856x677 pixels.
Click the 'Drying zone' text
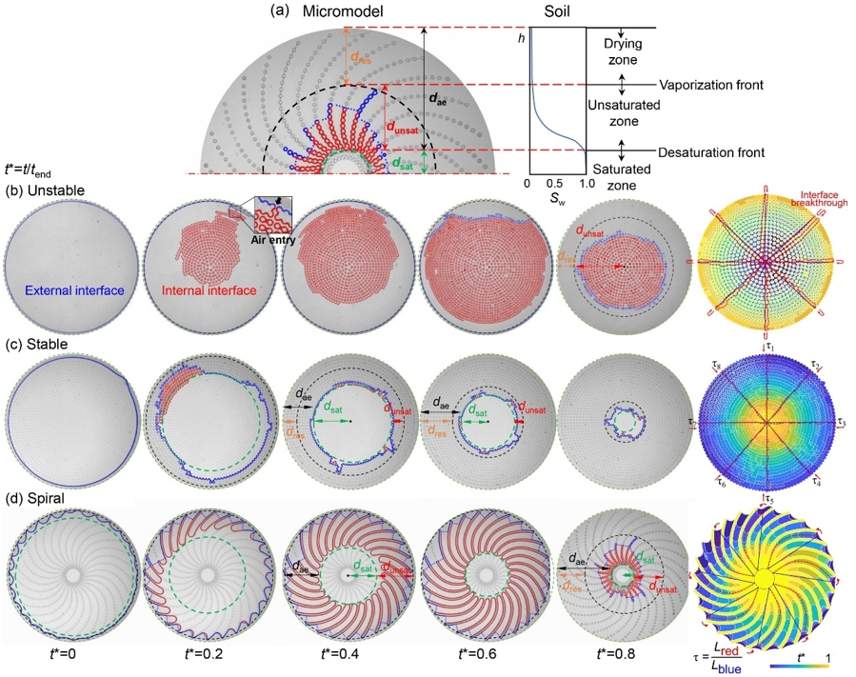621,50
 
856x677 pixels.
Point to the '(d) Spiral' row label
34,492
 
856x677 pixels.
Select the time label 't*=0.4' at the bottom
337,655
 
